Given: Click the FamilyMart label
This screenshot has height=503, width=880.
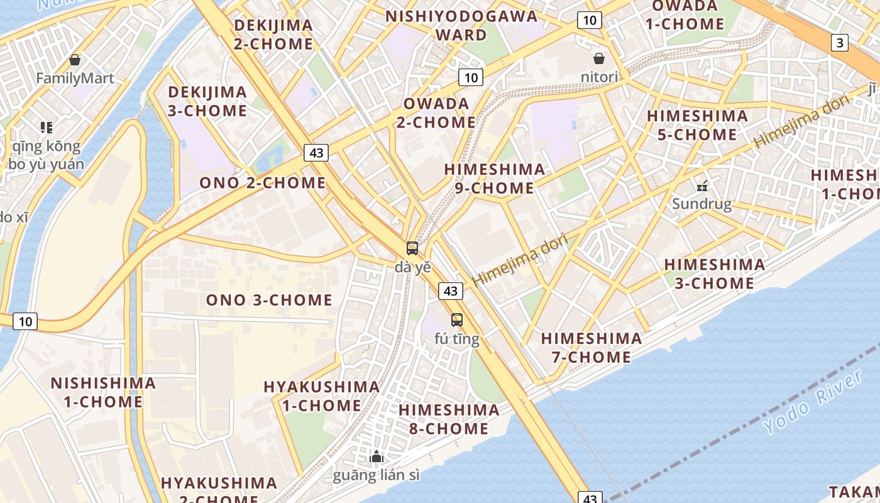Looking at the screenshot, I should [75, 79].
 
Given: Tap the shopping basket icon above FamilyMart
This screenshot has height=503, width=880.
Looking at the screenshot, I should [75, 60].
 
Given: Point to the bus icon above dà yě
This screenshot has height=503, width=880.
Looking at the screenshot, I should [412, 248].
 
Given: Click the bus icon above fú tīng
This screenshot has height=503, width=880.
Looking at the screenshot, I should [457, 319].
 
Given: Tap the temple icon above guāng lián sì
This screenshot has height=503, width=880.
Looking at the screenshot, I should [377, 456].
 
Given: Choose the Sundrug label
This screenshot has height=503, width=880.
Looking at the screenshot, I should [701, 204].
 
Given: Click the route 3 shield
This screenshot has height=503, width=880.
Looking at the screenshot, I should [840, 43].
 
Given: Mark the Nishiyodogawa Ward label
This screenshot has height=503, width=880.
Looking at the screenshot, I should [462, 25].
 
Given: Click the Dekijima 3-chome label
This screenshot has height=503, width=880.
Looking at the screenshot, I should [207, 101].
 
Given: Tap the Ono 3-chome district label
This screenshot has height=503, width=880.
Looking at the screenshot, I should [269, 300].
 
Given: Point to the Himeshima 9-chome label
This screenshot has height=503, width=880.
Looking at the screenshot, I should [495, 179].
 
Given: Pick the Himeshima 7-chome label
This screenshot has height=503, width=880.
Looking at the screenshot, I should [591, 348].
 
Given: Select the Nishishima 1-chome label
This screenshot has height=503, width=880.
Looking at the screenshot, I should [103, 392].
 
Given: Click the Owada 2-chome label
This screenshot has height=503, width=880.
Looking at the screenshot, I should [436, 113].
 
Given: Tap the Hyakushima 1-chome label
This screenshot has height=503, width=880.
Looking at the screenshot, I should [322, 396].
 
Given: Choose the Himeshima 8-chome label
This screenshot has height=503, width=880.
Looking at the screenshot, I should [449, 419].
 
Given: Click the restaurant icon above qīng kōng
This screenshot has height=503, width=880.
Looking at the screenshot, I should [46, 128].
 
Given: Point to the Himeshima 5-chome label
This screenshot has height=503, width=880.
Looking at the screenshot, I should [698, 125].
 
